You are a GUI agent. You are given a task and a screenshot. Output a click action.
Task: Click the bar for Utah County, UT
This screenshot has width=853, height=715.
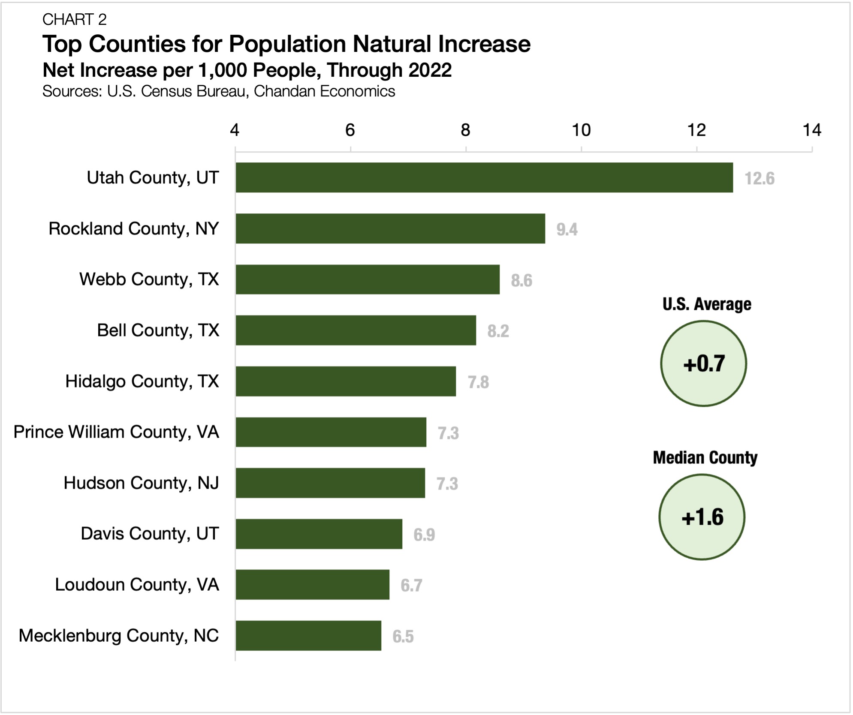(484, 177)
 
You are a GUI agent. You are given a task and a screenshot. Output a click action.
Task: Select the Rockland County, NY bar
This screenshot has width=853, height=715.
(390, 228)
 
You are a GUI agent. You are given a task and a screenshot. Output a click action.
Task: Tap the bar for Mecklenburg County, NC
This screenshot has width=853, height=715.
(308, 635)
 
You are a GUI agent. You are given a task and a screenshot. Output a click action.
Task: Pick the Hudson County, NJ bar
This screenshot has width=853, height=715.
(330, 483)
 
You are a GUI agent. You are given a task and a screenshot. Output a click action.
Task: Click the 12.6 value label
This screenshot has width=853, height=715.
(759, 178)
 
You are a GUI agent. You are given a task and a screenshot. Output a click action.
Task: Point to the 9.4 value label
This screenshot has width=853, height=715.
(567, 229)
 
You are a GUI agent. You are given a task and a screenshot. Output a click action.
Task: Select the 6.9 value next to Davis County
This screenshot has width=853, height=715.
(424, 535)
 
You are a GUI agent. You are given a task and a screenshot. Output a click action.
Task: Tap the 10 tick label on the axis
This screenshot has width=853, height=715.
(581, 130)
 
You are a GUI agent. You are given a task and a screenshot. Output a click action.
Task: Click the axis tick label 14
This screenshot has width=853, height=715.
(811, 130)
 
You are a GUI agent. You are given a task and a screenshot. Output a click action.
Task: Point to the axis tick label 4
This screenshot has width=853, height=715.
(235, 130)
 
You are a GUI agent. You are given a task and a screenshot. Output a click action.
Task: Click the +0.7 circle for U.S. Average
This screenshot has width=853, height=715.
(703, 364)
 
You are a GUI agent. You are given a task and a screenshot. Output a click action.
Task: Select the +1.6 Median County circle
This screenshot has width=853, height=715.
(702, 517)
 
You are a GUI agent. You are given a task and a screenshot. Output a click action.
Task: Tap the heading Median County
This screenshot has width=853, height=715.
(705, 457)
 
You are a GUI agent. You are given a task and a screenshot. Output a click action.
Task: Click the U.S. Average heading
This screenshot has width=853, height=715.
(706, 304)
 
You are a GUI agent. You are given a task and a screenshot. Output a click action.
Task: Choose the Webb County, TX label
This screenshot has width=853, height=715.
(149, 279)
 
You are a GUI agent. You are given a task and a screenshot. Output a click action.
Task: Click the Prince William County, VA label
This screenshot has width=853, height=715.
(116, 432)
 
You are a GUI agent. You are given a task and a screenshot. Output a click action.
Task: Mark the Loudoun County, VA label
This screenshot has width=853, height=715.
(137, 584)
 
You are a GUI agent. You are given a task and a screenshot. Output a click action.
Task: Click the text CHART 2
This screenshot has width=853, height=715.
(74, 19)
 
